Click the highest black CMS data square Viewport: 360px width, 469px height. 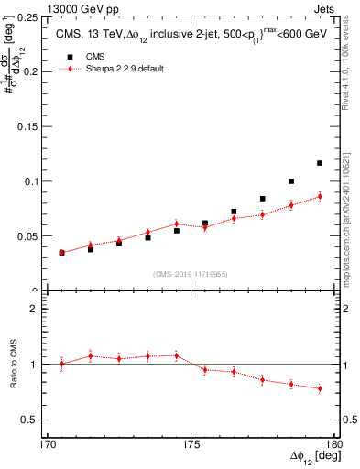tap(320, 163)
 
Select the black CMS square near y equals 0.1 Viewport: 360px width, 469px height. tap(291, 181)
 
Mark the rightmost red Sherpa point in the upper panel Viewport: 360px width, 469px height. tap(320, 196)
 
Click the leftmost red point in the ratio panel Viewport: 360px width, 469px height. tap(61, 364)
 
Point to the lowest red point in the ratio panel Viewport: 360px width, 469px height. tap(320, 388)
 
